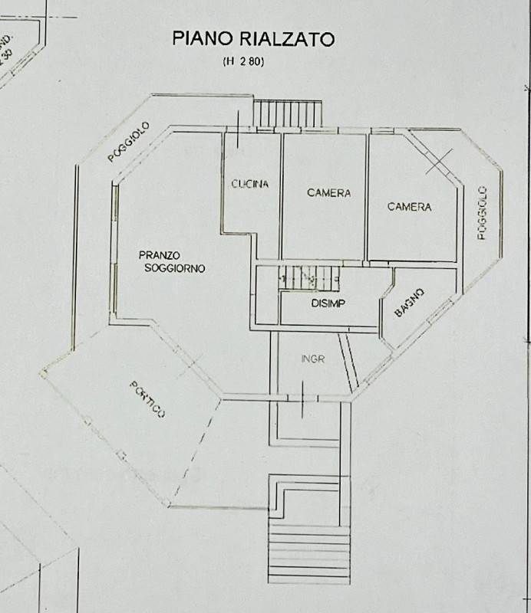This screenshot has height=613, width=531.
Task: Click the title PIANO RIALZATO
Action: pyautogui.click(x=252, y=38)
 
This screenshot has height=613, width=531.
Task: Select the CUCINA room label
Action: pyautogui.click(x=249, y=184)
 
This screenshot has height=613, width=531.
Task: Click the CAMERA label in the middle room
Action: pyautogui.click(x=328, y=193)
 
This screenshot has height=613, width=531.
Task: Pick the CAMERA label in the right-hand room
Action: pyautogui.click(x=409, y=207)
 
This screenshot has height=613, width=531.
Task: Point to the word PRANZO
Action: pyautogui.click(x=160, y=256)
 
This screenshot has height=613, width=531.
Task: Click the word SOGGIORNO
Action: pyautogui.click(x=174, y=269)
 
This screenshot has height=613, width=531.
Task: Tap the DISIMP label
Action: pyautogui.click(x=328, y=303)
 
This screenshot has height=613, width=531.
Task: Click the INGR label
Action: pyautogui.click(x=312, y=359)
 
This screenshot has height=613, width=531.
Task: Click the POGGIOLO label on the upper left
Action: pyautogui.click(x=128, y=143)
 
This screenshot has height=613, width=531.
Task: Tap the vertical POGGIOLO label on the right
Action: pyautogui.click(x=482, y=213)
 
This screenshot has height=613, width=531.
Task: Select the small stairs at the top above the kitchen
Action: pyautogui.click(x=289, y=115)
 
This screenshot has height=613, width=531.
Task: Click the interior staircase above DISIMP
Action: pyautogui.click(x=309, y=278)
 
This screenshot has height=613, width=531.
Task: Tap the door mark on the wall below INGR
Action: pyautogui.click(x=302, y=398)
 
